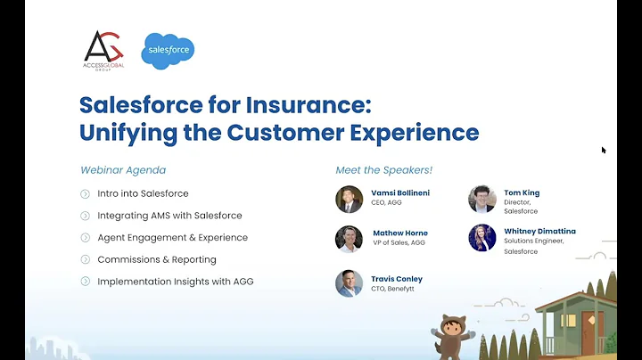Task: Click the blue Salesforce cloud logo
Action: [x=168, y=50]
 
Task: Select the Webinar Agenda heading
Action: [x=123, y=170]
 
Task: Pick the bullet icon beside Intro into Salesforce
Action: [x=86, y=193]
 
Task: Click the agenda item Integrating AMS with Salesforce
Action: [x=169, y=216]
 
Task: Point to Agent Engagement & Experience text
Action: [x=172, y=237]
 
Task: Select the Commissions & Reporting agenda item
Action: [x=157, y=259]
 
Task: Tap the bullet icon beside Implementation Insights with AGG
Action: [x=86, y=282]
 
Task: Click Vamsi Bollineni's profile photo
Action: [x=349, y=199]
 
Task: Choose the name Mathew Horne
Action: [x=399, y=233]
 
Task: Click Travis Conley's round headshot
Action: [x=349, y=283]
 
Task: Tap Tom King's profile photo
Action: [x=481, y=199]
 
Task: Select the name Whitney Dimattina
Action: [x=539, y=231]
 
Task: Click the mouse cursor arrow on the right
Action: [x=604, y=150]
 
